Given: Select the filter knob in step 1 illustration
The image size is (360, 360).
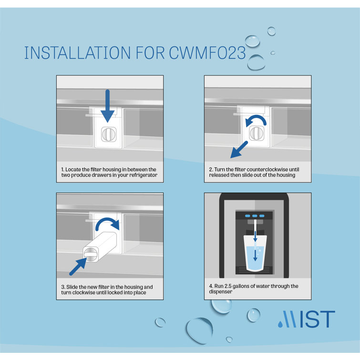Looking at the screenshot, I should pos(108,134).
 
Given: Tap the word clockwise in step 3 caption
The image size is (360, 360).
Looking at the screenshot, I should pos(83,292).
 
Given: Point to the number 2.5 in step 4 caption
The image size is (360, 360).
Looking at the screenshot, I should pos(230,286).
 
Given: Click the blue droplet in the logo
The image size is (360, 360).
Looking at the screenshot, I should pos(280,324).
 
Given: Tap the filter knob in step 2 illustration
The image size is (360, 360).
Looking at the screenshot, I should pos(257,134).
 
